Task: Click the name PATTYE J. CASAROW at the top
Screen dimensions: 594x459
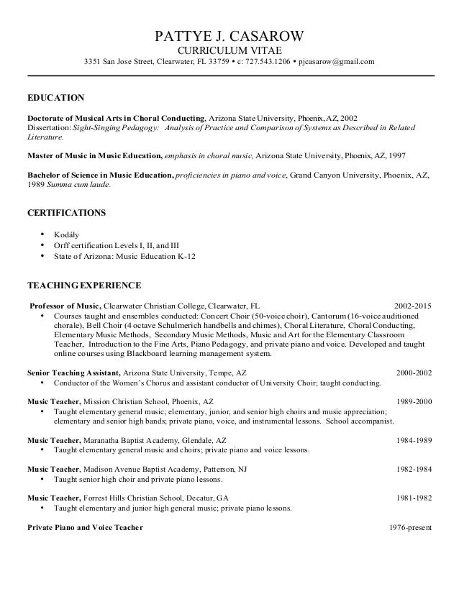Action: [229, 36]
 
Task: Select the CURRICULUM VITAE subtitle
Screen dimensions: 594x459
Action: [229, 50]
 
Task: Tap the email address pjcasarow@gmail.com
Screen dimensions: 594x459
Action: [337, 62]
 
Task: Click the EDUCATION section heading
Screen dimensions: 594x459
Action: [55, 97]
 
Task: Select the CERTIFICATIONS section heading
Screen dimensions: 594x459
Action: [66, 214]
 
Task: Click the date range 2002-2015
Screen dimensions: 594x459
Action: [414, 305]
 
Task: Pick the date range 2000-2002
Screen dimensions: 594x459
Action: [414, 374]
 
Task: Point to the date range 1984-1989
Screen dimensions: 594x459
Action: [414, 439]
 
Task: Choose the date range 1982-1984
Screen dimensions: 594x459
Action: [414, 468]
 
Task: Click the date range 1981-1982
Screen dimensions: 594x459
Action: [414, 498]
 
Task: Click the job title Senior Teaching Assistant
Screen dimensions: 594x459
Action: [74, 374]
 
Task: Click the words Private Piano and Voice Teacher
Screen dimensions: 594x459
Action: [85, 527]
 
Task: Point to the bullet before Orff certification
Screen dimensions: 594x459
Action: [44, 245]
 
